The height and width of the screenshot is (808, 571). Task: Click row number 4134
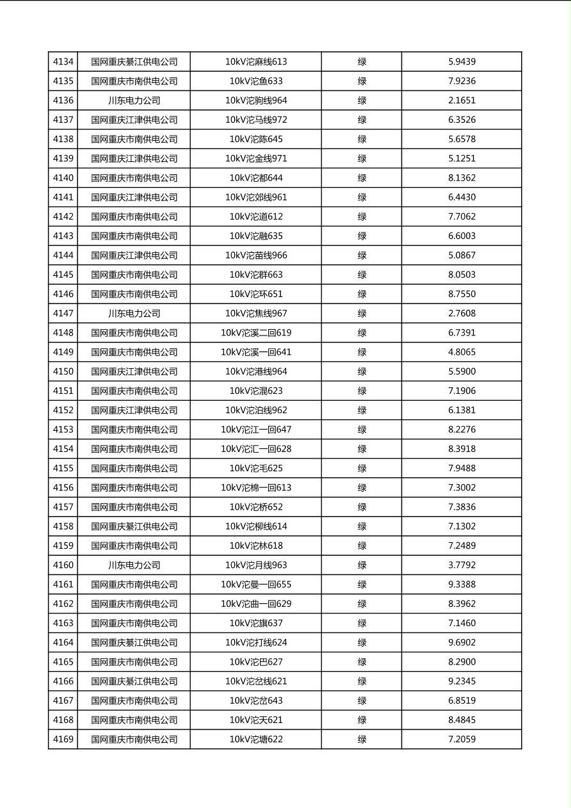point(63,62)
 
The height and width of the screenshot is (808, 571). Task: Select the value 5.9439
point(462,62)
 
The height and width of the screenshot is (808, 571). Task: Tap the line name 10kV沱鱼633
point(256,81)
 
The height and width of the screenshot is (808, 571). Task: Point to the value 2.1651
point(462,101)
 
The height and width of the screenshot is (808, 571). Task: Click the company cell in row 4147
point(134,314)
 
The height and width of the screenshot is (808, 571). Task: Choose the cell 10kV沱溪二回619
point(256,333)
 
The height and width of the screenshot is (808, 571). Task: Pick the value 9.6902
point(462,643)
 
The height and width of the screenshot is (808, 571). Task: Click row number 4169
point(63,739)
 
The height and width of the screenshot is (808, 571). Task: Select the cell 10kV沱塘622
point(256,739)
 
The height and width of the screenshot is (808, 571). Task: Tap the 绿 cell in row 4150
point(362,372)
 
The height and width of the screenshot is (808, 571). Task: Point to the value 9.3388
point(462,585)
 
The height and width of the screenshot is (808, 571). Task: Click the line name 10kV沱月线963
point(256,565)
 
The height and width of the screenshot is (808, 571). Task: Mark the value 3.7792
point(462,565)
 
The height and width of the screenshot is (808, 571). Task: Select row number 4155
point(63,469)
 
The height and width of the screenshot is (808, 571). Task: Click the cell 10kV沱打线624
point(256,643)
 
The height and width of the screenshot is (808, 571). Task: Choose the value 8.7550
point(462,295)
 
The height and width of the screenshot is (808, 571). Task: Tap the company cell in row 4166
point(134,681)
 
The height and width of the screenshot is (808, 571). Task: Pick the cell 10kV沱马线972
point(256,120)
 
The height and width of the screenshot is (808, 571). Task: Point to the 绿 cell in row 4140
point(362,178)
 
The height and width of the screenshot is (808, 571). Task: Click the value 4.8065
point(462,352)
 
